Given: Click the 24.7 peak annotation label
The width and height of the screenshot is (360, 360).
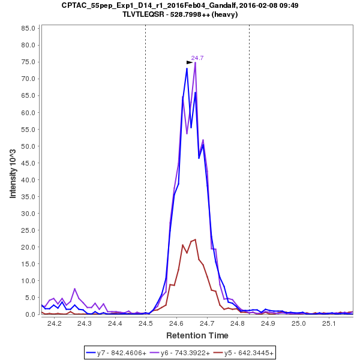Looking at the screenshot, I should tap(197, 58).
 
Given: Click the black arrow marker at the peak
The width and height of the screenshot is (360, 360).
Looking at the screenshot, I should tap(190, 62).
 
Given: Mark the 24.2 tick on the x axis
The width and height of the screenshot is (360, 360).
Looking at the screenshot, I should tap(55, 323).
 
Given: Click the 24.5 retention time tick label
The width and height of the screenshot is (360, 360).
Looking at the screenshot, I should tap(146, 323).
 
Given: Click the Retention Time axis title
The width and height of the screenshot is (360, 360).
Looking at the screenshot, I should tap(197, 335).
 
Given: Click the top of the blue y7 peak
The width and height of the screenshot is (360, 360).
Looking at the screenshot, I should tap(187, 68).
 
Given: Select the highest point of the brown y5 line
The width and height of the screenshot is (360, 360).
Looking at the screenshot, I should tap(195, 239).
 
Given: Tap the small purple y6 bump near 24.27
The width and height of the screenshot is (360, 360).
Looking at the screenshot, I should tap(74, 289).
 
